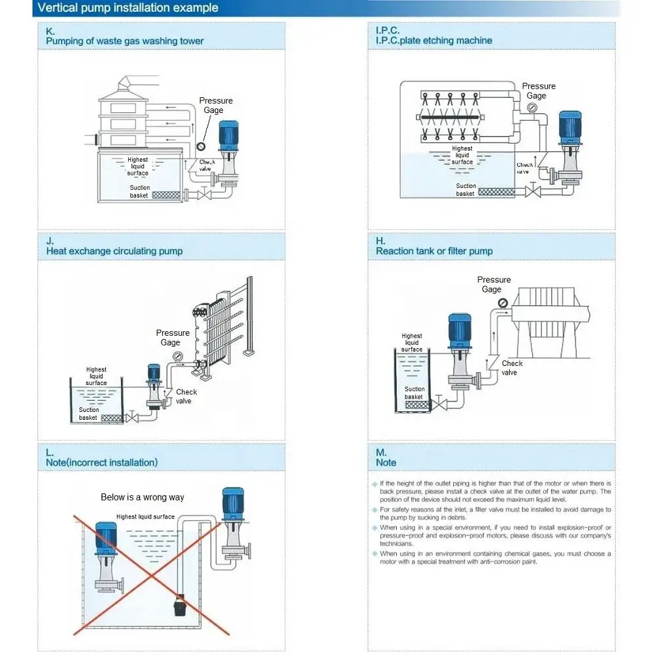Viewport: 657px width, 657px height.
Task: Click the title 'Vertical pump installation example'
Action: (x=127, y=9)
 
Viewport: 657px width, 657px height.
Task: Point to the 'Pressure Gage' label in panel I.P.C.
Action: (x=538, y=91)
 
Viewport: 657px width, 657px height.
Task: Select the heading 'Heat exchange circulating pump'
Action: (x=114, y=251)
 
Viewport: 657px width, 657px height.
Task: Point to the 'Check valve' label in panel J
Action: (x=187, y=396)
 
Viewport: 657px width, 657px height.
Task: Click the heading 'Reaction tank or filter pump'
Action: (x=434, y=251)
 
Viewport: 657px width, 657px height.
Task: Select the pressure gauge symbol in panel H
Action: (x=503, y=303)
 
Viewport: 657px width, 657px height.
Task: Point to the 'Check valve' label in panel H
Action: (x=512, y=368)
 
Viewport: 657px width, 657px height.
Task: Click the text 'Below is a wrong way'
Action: (x=143, y=497)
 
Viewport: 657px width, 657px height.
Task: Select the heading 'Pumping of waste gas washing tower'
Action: (x=125, y=41)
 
